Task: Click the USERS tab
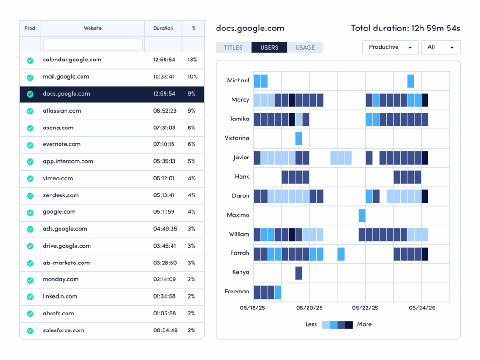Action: [x=269, y=48]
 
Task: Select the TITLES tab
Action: [x=233, y=48]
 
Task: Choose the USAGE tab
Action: [x=305, y=48]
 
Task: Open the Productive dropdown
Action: [x=390, y=47]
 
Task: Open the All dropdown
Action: [x=441, y=47]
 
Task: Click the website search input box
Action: [x=93, y=44]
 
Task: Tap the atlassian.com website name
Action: [x=62, y=111]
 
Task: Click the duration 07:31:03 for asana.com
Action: [x=164, y=127]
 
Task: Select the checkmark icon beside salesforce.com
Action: [x=30, y=330]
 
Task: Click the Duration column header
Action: [x=163, y=28]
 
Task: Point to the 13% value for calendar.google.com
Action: [x=192, y=60]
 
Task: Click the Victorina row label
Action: [x=238, y=138]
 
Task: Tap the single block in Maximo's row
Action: [x=362, y=216]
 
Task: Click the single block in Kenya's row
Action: [x=299, y=273]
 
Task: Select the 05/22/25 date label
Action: [x=365, y=308]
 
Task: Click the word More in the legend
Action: [x=364, y=324]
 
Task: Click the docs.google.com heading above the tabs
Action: [x=250, y=28]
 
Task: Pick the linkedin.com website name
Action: [x=60, y=296]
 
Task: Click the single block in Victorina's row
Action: [x=299, y=139]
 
